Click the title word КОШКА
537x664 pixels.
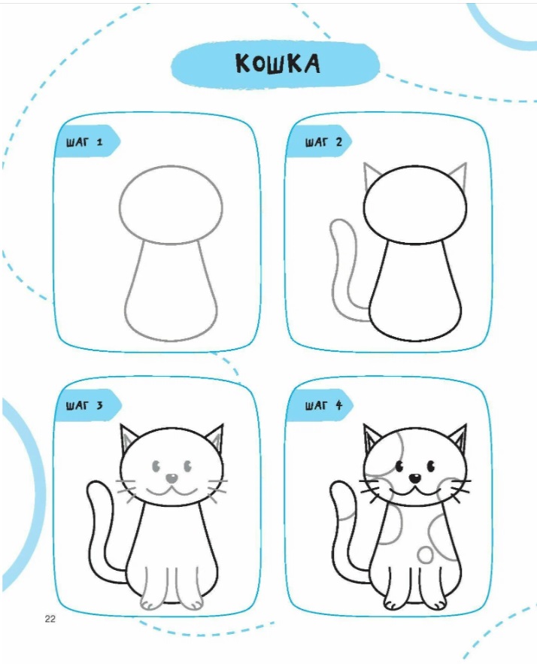[278, 64]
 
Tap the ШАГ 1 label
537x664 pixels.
[84, 142]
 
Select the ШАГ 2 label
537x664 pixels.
[323, 142]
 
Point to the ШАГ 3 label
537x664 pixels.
[84, 405]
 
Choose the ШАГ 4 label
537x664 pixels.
[323, 405]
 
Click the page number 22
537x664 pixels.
[50, 619]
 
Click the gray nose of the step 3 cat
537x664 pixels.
[171, 478]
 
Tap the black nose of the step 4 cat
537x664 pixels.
[415, 478]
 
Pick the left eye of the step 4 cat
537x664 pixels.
[399, 466]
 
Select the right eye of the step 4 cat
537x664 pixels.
[431, 466]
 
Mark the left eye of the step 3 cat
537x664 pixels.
[156, 466]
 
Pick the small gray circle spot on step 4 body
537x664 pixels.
[425, 555]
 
